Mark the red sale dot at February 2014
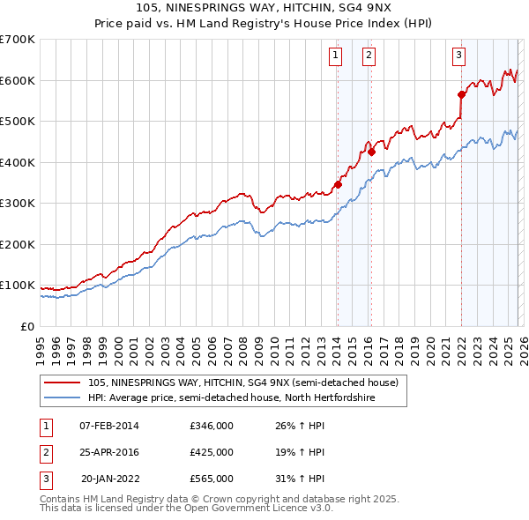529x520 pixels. point(338,185)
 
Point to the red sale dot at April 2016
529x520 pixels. point(372,152)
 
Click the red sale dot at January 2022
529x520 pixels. point(461,94)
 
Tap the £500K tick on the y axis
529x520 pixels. point(18,121)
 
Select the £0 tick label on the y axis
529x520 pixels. point(26,326)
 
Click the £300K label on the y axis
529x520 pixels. point(18,203)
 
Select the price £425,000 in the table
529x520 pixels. point(212,452)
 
